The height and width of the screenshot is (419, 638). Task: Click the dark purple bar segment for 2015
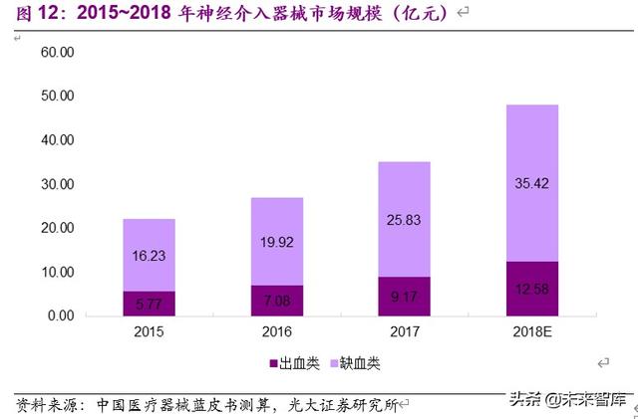[149, 303]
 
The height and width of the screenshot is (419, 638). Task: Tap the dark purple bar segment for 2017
[403, 296]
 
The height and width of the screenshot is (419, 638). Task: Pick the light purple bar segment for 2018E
[530, 183]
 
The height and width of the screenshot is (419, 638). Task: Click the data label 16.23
[149, 256]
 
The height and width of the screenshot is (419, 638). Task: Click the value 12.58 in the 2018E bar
[530, 290]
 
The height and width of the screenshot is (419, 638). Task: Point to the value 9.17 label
[403, 296]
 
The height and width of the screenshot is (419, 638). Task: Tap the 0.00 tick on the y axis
[57, 315]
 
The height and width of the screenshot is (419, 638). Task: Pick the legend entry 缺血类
[348, 365]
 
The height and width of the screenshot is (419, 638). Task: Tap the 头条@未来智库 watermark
[567, 400]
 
